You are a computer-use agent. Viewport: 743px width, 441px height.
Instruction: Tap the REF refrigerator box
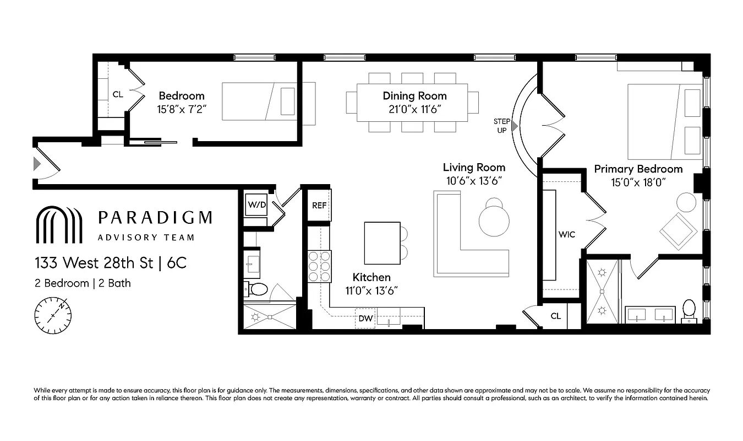coord(319,205)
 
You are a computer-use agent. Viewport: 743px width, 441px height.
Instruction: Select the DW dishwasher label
coord(365,318)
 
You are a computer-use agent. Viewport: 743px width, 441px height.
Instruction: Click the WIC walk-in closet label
coord(566,234)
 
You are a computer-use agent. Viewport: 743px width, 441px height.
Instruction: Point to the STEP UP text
coord(501,126)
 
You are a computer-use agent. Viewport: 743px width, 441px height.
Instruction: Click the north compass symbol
coord(53,315)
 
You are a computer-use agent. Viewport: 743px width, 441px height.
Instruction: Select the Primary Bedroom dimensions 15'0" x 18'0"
coord(638,182)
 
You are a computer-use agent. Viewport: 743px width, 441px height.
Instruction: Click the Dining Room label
coord(414,96)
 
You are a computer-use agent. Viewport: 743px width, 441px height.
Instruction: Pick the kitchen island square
coord(382,243)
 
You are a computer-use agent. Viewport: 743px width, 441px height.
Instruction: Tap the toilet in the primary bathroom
coord(689,310)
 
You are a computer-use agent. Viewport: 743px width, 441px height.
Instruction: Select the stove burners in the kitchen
coord(319,266)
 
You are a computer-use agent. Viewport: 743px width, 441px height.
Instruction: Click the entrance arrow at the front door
coord(37,164)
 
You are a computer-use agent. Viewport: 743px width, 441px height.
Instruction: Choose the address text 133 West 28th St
coord(94,263)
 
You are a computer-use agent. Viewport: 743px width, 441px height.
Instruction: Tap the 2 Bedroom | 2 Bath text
coord(83,283)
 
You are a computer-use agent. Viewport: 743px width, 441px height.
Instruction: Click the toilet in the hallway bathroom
coord(256,289)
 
